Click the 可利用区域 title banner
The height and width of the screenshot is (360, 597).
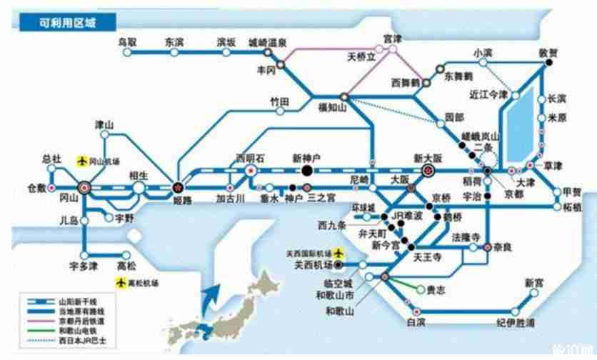click(x=68, y=22)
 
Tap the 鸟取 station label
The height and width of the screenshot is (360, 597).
click(x=128, y=41)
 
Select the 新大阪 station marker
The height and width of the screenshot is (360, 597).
click(x=428, y=171)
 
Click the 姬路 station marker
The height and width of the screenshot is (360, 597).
click(x=177, y=188)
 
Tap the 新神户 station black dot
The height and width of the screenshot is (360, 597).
click(x=306, y=171)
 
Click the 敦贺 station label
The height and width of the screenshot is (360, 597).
click(x=548, y=52)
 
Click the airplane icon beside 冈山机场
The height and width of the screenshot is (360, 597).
click(x=83, y=160)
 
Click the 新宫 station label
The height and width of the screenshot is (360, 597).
click(x=534, y=281)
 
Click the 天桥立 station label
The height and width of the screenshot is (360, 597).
click(x=361, y=55)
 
